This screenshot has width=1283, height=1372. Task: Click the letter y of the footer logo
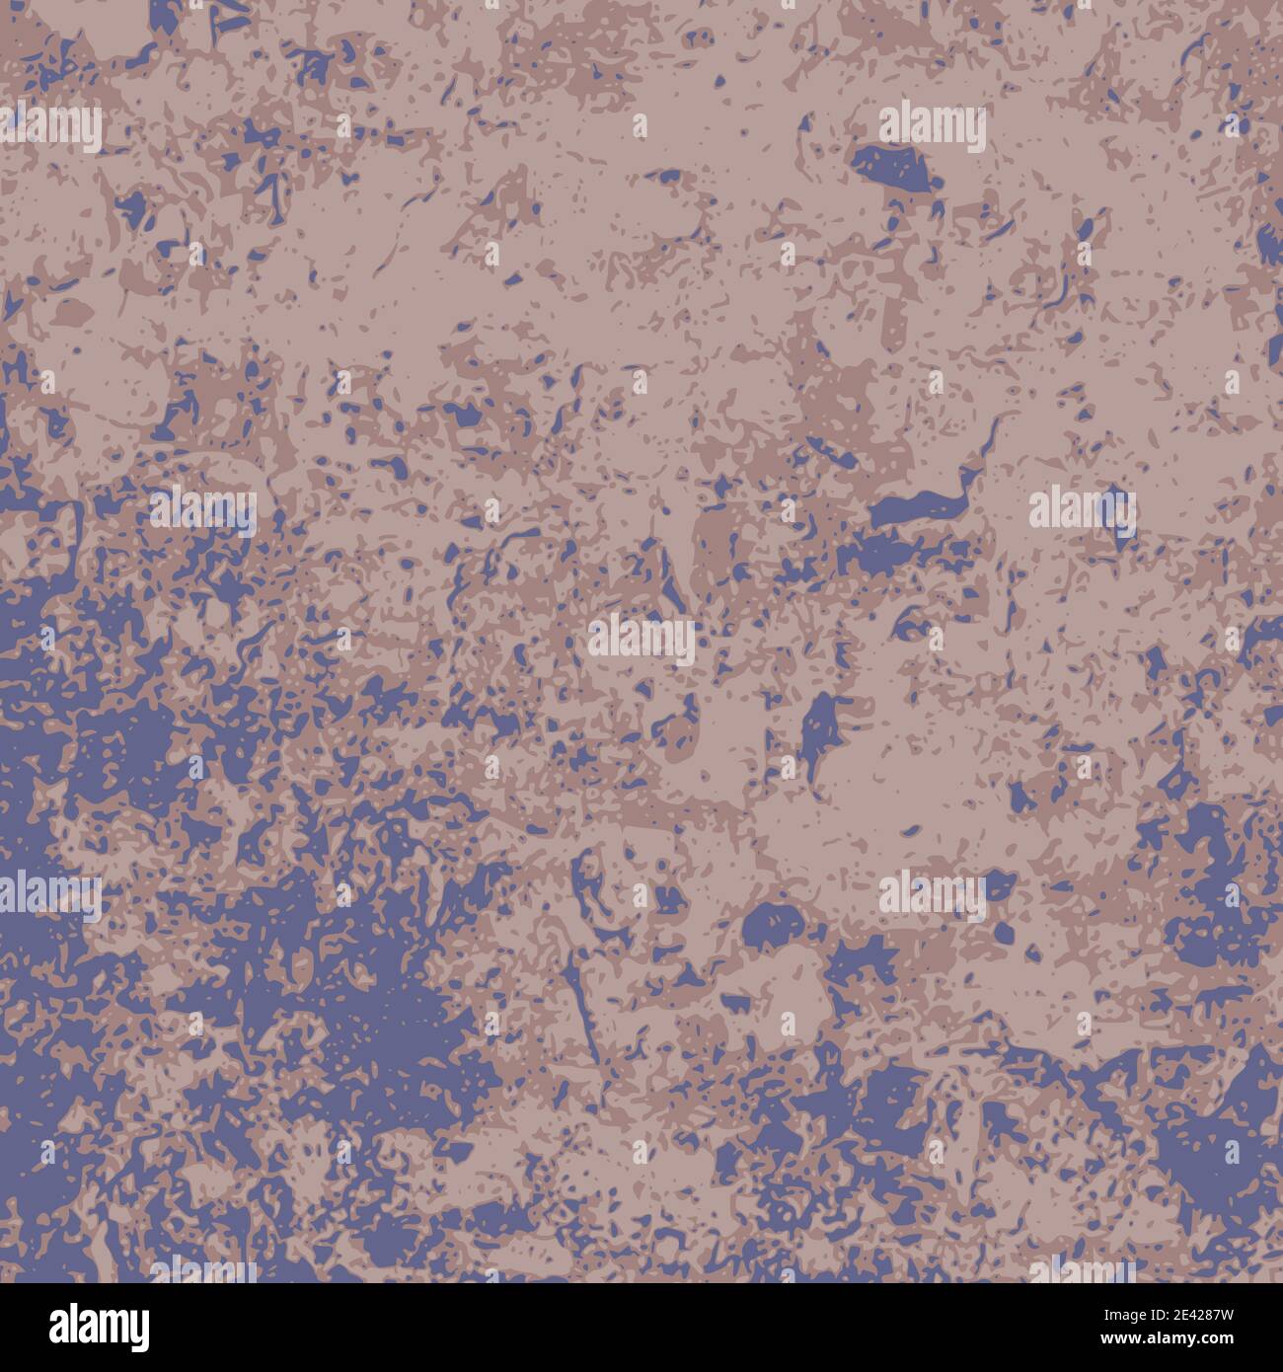pyautogui.click(x=139, y=1330)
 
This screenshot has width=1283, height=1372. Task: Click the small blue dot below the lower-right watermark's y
pyautogui.click(x=1005, y=933)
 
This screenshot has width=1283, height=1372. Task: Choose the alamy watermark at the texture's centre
pyautogui.click(x=641, y=639)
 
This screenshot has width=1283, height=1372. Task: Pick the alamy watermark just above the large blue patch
pyautogui.click(x=933, y=127)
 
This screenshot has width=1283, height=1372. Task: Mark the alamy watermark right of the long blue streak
pyautogui.click(x=1083, y=509)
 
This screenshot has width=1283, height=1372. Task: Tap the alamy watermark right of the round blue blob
pyautogui.click(x=932, y=896)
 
